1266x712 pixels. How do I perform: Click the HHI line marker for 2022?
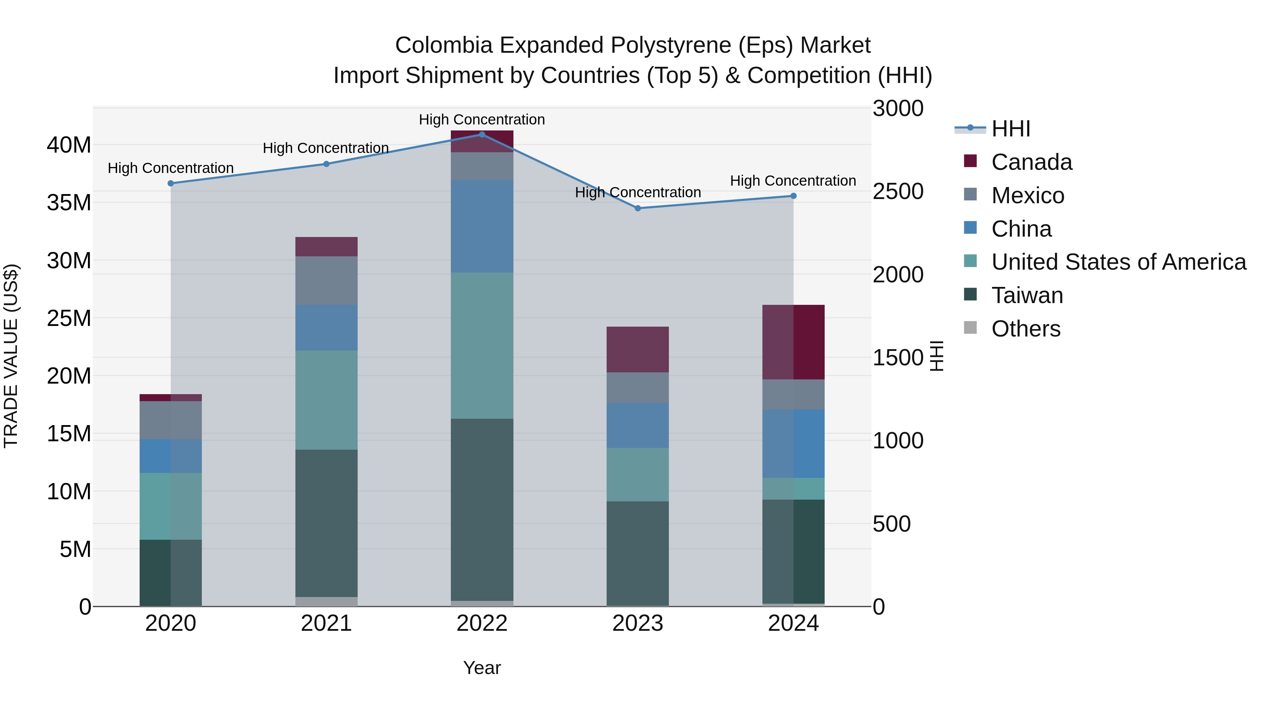482,135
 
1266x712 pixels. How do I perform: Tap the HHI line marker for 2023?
638,209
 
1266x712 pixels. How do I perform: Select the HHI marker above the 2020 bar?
171,183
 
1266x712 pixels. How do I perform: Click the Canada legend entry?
1031,162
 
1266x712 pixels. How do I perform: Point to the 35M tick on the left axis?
69,203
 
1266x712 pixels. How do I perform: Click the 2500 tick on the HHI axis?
898,192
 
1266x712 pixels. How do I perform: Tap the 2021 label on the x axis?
326,623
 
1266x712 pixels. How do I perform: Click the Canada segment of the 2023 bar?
638,349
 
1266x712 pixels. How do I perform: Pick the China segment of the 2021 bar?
326,327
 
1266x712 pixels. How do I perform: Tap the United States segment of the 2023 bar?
638,474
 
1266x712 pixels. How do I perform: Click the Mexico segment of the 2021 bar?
326,280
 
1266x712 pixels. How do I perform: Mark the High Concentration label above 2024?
793,181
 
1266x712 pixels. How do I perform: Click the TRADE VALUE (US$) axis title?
11,356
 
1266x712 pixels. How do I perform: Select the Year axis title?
482,668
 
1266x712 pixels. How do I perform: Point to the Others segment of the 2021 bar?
326,602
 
